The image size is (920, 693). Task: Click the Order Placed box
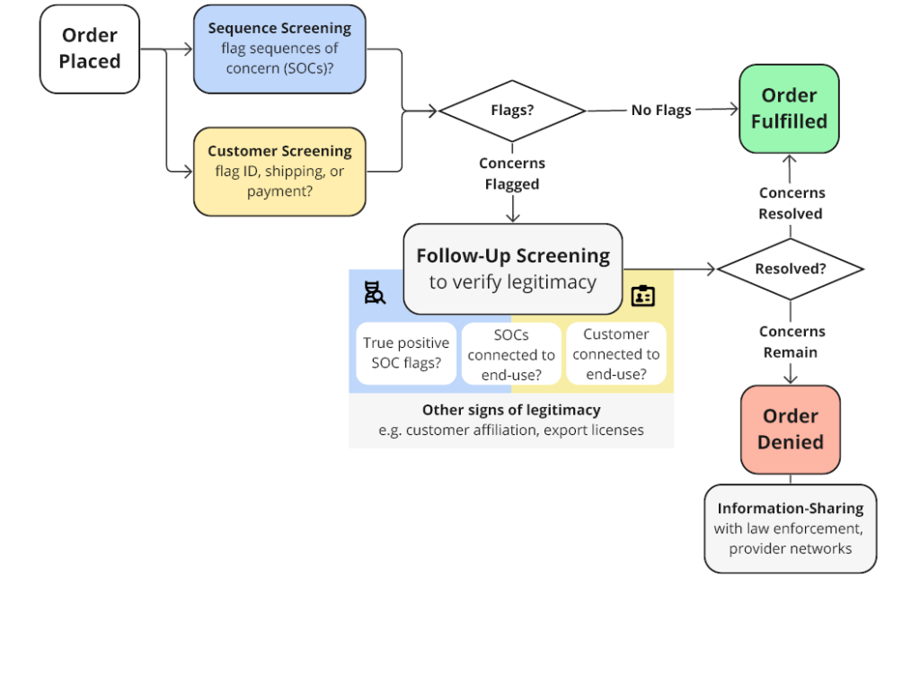pos(90,49)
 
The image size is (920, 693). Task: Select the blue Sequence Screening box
pos(280,49)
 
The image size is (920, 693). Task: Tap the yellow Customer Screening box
pos(280,172)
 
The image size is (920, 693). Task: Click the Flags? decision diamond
pos(512,111)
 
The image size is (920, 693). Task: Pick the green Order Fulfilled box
pos(789,109)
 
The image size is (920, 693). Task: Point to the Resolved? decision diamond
pos(791,270)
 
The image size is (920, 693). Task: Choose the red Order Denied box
pos(791,430)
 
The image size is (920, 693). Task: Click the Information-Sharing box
pos(791,529)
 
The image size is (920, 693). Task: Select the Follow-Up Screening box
pos(513,270)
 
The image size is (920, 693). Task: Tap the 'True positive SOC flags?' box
pos(406,353)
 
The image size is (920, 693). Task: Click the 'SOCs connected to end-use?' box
pos(511,354)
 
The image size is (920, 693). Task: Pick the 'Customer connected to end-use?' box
pos(616,353)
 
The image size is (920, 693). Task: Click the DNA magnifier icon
pos(375,293)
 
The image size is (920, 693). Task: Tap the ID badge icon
pos(643,296)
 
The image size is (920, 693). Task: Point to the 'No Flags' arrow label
pos(661,111)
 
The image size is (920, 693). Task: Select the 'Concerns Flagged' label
pos(512,173)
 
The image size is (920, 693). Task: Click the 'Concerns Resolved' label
pos(792,203)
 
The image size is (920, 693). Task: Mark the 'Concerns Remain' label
pos(792,342)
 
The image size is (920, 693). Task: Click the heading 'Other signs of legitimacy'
pos(511,410)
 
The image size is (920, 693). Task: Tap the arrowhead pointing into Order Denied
pos(791,379)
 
